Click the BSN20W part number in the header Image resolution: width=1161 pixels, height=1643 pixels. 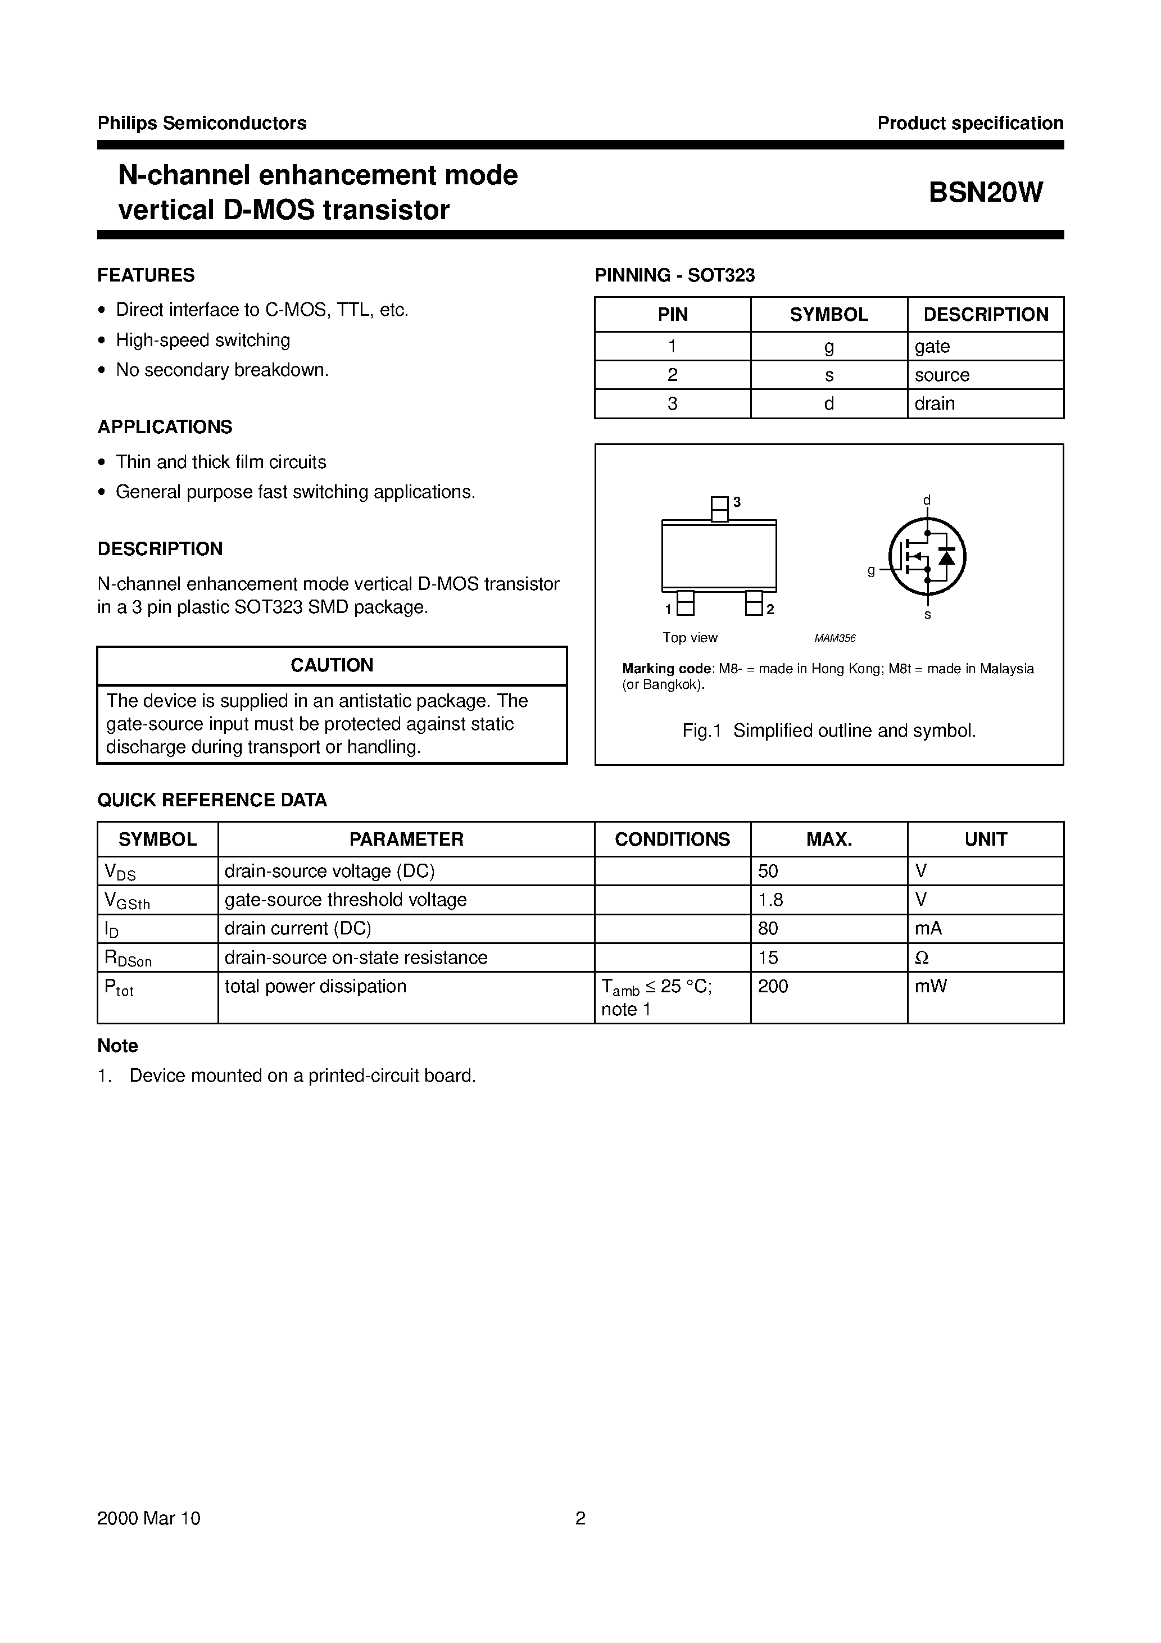click(x=986, y=193)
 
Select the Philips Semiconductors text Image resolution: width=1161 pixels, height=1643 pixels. click(x=202, y=123)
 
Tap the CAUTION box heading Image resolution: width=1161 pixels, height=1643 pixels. click(x=332, y=665)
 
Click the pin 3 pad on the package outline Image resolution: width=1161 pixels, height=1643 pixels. click(x=719, y=509)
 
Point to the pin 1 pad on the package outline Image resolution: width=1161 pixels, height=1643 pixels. click(x=685, y=603)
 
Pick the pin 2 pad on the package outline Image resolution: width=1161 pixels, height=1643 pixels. click(x=754, y=603)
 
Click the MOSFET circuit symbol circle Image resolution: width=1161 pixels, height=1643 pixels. click(x=927, y=556)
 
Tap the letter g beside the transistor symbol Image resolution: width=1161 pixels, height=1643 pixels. click(x=871, y=570)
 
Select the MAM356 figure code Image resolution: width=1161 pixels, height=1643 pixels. click(x=835, y=638)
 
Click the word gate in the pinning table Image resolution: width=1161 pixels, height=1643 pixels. click(x=932, y=346)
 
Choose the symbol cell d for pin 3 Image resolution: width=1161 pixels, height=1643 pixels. click(x=829, y=403)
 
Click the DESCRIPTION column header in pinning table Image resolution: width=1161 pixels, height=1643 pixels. click(x=986, y=314)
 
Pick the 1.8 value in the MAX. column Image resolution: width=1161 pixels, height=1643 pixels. click(x=770, y=900)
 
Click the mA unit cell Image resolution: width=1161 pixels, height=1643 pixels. click(x=928, y=928)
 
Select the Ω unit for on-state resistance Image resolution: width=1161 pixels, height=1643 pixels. click(x=922, y=957)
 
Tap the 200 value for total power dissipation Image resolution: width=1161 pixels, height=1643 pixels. click(x=773, y=986)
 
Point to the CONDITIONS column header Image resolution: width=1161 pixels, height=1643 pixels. click(x=672, y=839)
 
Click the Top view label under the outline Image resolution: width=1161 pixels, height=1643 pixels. click(x=690, y=638)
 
